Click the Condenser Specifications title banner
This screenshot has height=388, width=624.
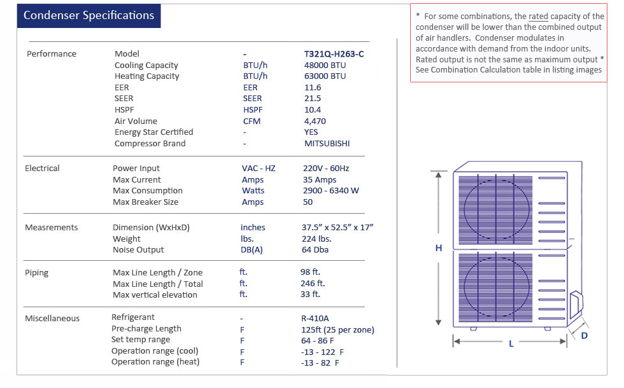click(x=89, y=16)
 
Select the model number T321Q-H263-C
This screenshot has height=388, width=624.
click(x=334, y=54)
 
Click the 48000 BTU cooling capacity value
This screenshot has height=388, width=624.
click(x=325, y=66)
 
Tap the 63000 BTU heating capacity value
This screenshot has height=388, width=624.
click(x=325, y=76)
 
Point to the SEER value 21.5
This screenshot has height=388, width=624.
click(x=313, y=99)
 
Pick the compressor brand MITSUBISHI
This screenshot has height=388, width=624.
click(x=327, y=144)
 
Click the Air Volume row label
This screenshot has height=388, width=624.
click(x=136, y=121)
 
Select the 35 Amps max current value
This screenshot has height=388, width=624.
click(x=320, y=180)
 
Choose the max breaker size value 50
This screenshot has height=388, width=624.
click(x=308, y=202)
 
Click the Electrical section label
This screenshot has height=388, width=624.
click(x=42, y=169)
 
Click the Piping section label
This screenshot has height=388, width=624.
click(x=36, y=273)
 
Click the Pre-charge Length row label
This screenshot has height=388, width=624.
click(x=146, y=329)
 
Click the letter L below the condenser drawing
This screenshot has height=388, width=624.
click(x=511, y=344)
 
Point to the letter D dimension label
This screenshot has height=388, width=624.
click(x=585, y=335)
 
